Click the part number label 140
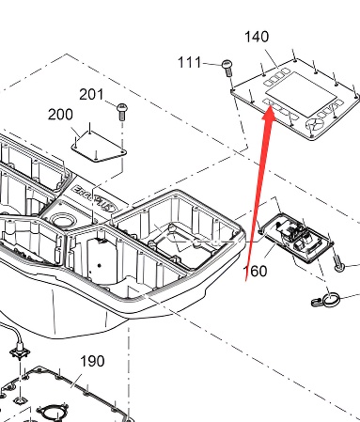257,37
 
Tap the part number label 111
189,63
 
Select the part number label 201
91,94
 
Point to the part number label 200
60,115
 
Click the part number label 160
256,271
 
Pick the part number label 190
92,361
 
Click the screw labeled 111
227,68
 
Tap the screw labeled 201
122,112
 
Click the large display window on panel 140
301,93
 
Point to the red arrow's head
269,114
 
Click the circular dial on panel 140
315,126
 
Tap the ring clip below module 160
326,300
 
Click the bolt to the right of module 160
337,263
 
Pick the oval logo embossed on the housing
107,205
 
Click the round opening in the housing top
64,220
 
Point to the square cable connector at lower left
20,353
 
